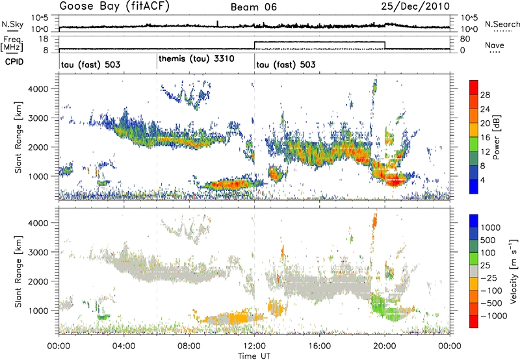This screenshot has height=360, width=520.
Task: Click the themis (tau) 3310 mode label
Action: pos(196,58)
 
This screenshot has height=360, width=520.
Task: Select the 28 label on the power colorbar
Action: pos(484,95)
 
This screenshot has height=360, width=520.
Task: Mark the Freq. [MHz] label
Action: pos(12,44)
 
